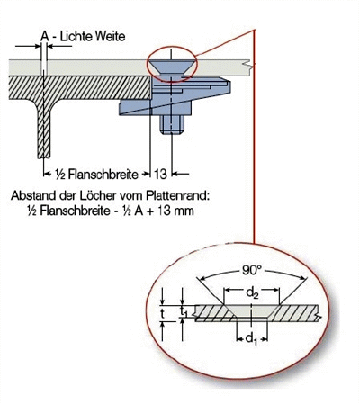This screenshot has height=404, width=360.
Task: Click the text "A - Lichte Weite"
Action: point(83,37)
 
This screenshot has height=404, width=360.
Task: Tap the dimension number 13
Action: point(160,174)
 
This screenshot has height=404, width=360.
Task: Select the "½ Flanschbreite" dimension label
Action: point(96,175)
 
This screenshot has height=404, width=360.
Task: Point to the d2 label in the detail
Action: point(252,292)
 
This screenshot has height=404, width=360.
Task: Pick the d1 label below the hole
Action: point(251,339)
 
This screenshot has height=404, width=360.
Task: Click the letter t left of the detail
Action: point(162,313)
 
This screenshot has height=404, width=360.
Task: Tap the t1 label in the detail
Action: point(184,312)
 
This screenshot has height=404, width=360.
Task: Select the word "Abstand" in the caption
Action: point(30,195)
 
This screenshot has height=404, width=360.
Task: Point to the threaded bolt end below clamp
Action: point(172,124)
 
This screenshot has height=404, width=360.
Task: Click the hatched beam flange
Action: point(80,87)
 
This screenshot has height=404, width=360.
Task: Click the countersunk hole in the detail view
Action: point(252,312)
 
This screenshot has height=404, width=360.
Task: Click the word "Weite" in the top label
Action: point(110,37)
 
